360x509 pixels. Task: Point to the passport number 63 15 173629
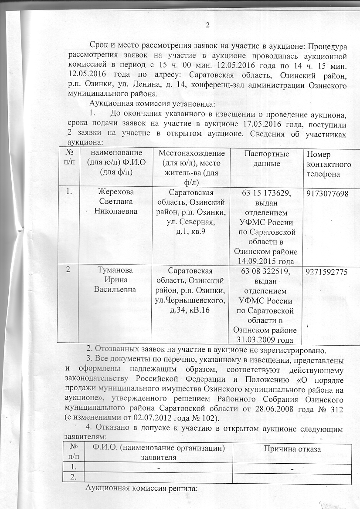pos(267,193)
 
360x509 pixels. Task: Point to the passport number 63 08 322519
pos(267,272)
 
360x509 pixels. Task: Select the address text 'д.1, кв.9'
pos(192,231)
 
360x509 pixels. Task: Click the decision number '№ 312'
pos(334,411)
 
